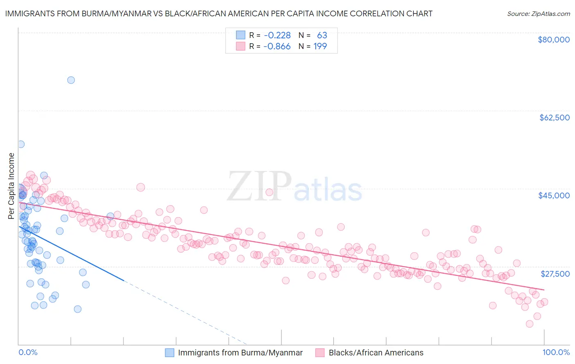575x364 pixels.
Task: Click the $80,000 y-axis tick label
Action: (553, 40)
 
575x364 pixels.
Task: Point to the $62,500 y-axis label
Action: (554, 118)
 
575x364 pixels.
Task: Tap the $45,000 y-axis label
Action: (554, 195)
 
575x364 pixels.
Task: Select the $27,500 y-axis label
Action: (555, 274)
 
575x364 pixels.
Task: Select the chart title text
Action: (218, 13)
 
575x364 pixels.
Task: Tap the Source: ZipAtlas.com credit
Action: (538, 13)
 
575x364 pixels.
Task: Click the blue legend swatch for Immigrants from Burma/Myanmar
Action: (170, 353)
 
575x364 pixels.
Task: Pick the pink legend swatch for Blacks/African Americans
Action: (320, 353)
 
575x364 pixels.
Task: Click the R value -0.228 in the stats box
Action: (277, 36)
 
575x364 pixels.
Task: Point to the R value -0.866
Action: (277, 47)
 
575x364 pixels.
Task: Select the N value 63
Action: (322, 36)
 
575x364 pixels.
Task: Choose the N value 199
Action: (320, 47)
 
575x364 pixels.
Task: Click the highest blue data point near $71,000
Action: (71, 80)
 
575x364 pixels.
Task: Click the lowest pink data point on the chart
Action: (529, 324)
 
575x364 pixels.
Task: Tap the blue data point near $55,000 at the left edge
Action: (20, 144)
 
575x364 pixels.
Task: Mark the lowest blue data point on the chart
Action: (77, 309)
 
